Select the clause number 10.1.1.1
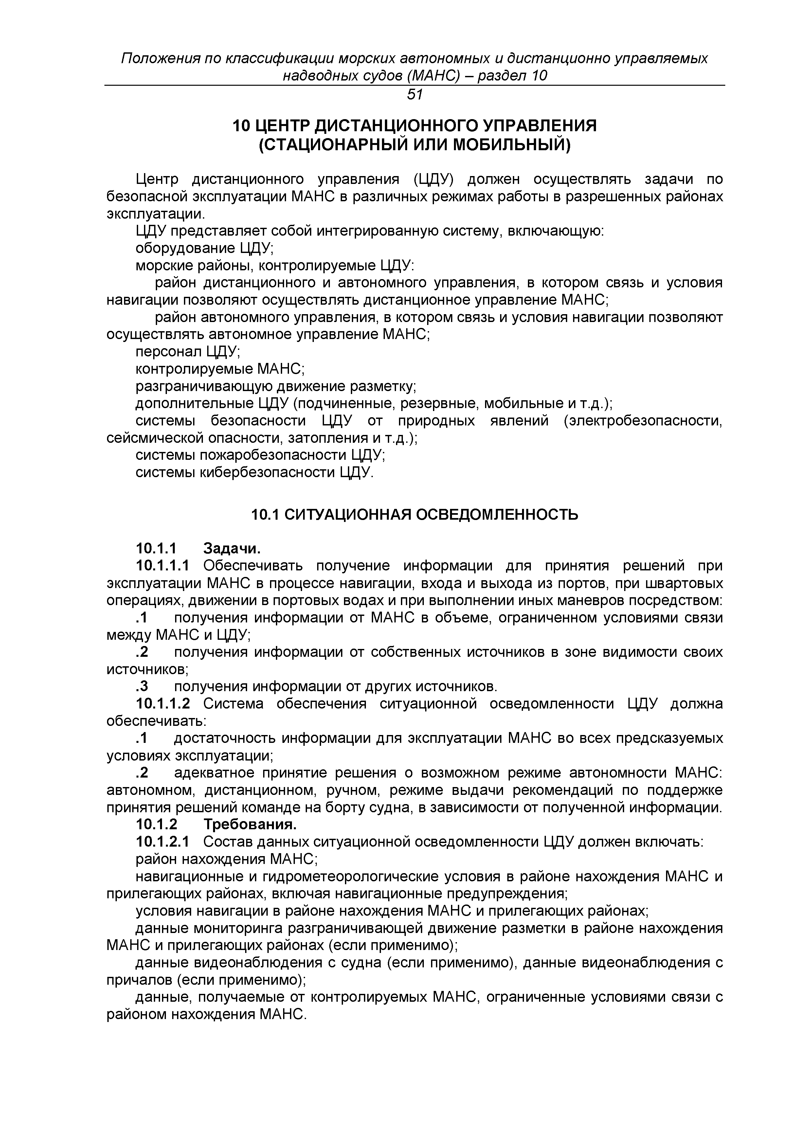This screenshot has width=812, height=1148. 163,566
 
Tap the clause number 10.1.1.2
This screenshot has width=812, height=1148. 163,704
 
